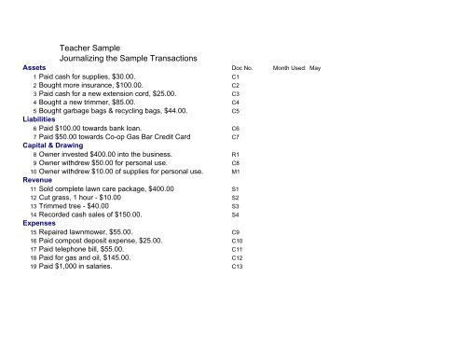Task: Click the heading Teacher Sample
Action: point(94,45)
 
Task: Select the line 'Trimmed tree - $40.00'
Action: point(85,206)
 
